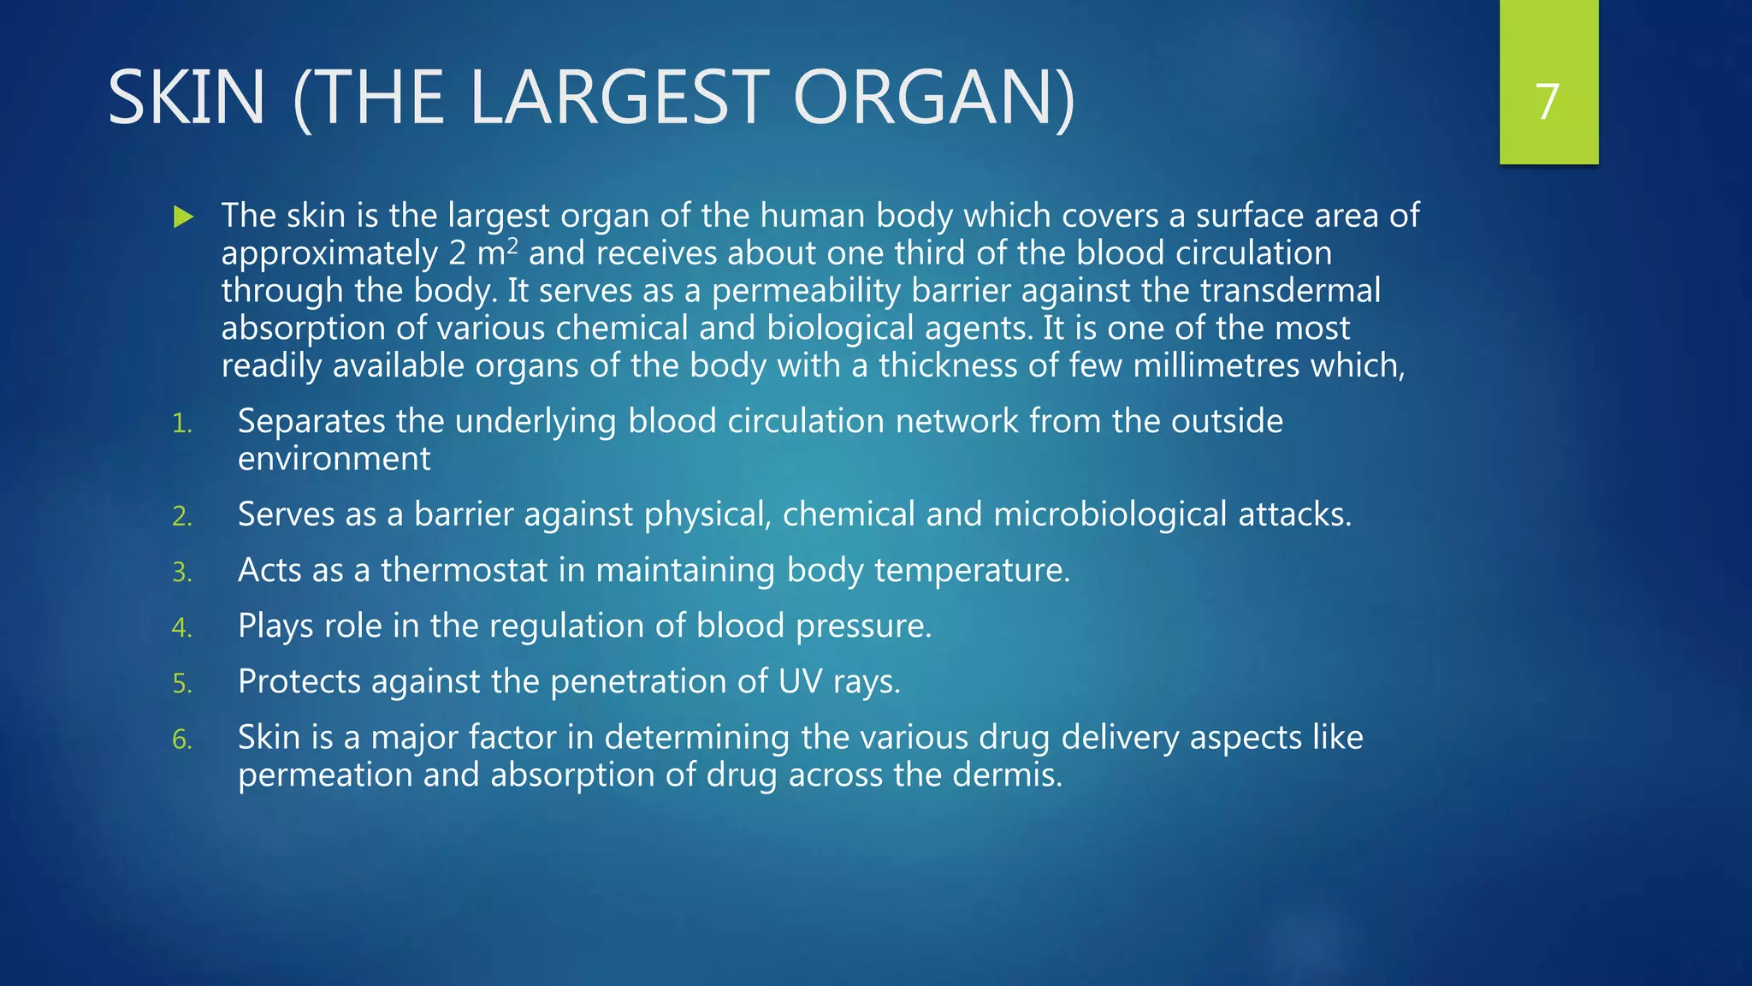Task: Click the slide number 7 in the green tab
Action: click(x=1548, y=102)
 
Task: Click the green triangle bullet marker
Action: click(x=183, y=217)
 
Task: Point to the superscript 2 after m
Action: click(x=512, y=246)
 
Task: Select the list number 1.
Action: click(x=181, y=424)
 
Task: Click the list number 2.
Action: click(x=181, y=516)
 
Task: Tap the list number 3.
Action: click(x=181, y=572)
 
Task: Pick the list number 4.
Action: click(x=181, y=627)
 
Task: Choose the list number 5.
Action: click(x=181, y=683)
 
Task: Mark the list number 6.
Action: click(x=181, y=739)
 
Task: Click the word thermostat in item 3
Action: click(x=464, y=570)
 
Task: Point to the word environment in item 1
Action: click(x=334, y=459)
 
